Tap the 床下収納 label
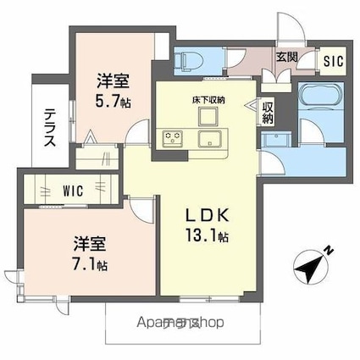pyautogui.click(x=208, y=99)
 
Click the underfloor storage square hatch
pyautogui.click(x=208, y=114)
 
